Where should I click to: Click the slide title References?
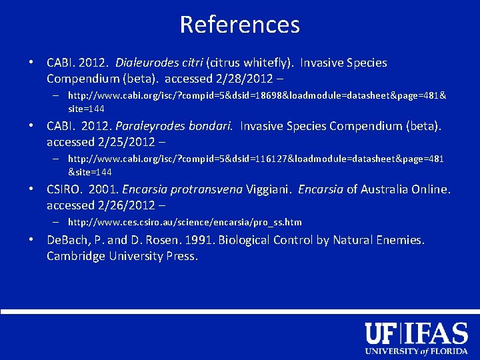point(240,25)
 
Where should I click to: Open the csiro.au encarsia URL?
point(185,222)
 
